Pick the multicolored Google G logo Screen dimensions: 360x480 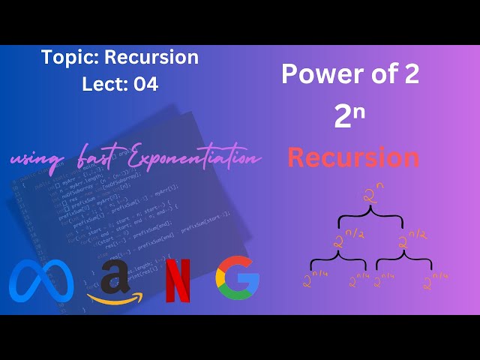[x=237, y=279]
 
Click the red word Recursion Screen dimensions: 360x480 [x=353, y=157]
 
